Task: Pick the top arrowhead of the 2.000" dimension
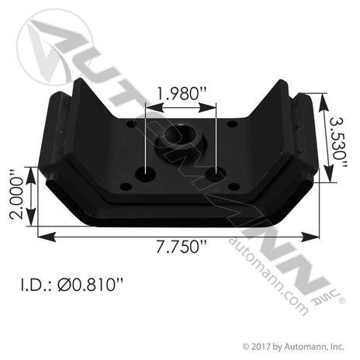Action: (x=30, y=170)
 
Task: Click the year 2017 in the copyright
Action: (x=262, y=346)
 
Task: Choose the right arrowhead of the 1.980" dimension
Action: (x=213, y=109)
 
